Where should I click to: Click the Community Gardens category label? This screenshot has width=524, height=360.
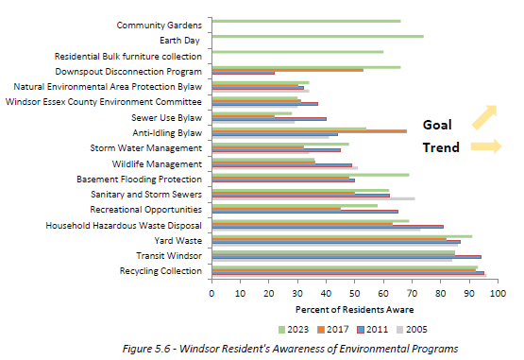pyautogui.click(x=159, y=25)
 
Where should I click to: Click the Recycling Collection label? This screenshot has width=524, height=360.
pyautogui.click(x=161, y=271)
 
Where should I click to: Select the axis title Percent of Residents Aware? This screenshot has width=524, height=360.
pyautogui.click(x=354, y=309)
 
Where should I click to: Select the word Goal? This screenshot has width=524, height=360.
pyautogui.click(x=439, y=124)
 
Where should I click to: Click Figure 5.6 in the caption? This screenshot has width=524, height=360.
pyautogui.click(x=149, y=349)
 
